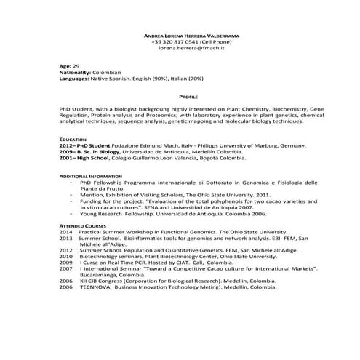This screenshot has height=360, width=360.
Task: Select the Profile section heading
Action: pos(188,95)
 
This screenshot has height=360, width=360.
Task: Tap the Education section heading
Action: pos(73,138)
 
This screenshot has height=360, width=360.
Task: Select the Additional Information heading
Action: pos(86,177)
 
